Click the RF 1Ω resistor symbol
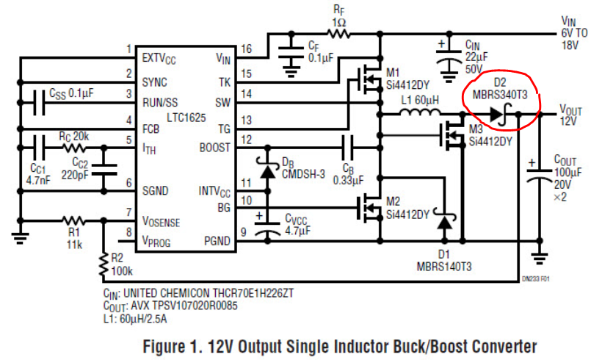click(338, 34)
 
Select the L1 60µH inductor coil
click(420, 112)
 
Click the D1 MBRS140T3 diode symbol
click(445, 220)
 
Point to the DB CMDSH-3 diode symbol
click(268, 168)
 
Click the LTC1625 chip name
click(186, 118)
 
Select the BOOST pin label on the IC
click(214, 148)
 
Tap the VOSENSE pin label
click(161, 222)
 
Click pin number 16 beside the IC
click(246, 49)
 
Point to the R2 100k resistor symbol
click(104, 264)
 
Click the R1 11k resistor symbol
click(73, 220)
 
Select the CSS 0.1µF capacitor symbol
click(39, 103)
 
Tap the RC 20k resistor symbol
click(73, 148)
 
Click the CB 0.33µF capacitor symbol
click(347, 148)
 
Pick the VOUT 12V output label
click(570, 115)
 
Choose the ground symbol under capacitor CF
click(291, 71)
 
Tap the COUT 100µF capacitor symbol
click(540, 173)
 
